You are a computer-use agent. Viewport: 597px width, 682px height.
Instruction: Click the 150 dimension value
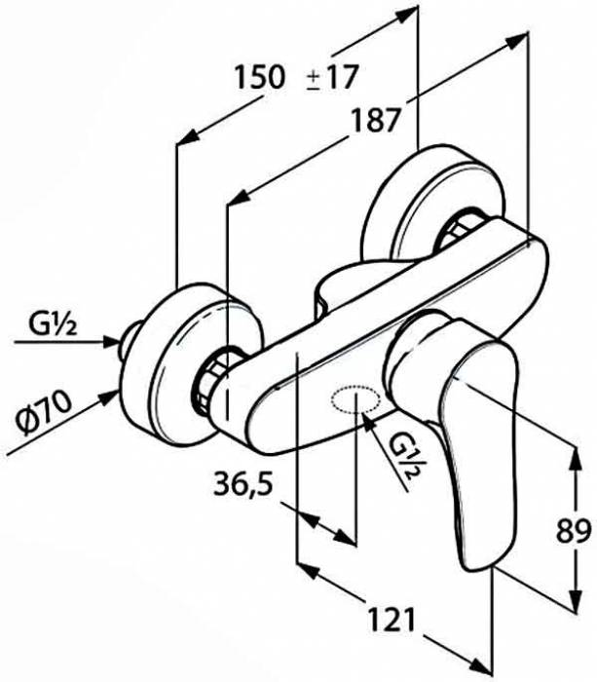click(x=260, y=77)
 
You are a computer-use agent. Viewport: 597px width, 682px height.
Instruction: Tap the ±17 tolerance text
click(x=332, y=77)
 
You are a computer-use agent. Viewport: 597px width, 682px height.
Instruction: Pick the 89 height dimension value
click(x=574, y=530)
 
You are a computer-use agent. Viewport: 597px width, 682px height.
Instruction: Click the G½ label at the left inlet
click(x=53, y=323)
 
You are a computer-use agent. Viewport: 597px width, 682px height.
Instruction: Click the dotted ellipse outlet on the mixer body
click(x=355, y=398)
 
